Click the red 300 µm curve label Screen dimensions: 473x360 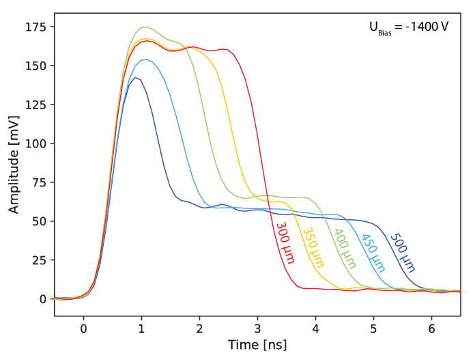[285, 243]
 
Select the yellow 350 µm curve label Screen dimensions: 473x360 [313, 247]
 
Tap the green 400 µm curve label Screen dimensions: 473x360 [345, 249]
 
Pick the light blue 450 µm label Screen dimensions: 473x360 [373, 253]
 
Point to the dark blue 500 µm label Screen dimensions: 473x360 [403, 253]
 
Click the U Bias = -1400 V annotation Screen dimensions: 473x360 [409, 28]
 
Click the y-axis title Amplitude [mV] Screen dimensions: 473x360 [14, 165]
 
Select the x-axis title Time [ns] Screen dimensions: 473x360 [257, 344]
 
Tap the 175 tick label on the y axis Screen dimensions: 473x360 [35, 27]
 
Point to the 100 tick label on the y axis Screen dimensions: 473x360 [35, 143]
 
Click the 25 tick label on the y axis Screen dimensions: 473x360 [39, 260]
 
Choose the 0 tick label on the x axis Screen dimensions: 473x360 [83, 329]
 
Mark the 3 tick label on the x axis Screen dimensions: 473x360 [257, 329]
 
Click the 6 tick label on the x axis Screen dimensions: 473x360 [431, 329]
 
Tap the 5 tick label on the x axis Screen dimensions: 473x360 [374, 329]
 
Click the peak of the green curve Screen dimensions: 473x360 [147, 27]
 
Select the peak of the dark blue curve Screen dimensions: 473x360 [135, 78]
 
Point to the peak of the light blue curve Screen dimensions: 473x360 [147, 59]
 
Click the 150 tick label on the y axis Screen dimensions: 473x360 [35, 66]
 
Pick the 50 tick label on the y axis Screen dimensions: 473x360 [39, 221]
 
